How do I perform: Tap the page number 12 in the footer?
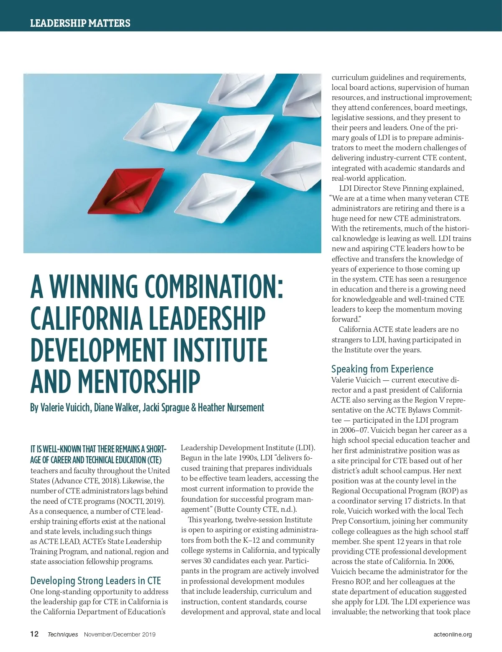point(34,634)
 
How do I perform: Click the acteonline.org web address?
point(453,634)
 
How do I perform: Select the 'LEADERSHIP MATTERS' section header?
point(80,23)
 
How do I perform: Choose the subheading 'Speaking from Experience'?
point(382,369)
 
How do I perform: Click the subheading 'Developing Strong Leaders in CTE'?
point(95,580)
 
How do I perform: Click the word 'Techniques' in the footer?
point(63,634)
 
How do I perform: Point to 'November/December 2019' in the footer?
point(120,634)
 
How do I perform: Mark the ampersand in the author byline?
point(193,408)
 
